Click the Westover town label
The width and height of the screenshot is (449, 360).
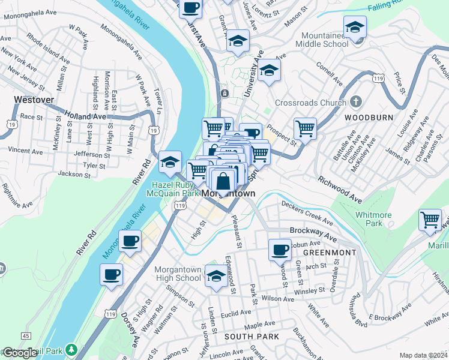pos(34,100)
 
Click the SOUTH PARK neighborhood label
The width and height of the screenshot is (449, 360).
pos(252,337)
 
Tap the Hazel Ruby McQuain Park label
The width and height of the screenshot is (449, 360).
pos(174,190)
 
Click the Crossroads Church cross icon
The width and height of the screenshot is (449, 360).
pos(355,101)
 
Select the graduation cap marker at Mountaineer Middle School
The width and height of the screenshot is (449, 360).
pos(355,28)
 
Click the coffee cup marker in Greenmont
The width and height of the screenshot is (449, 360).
pos(279,250)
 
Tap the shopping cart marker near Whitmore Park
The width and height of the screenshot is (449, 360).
pos(430,220)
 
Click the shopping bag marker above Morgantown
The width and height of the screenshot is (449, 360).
pos(223,180)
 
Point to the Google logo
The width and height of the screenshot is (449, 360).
pos(20,353)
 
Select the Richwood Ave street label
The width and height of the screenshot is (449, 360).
pos(340,189)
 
